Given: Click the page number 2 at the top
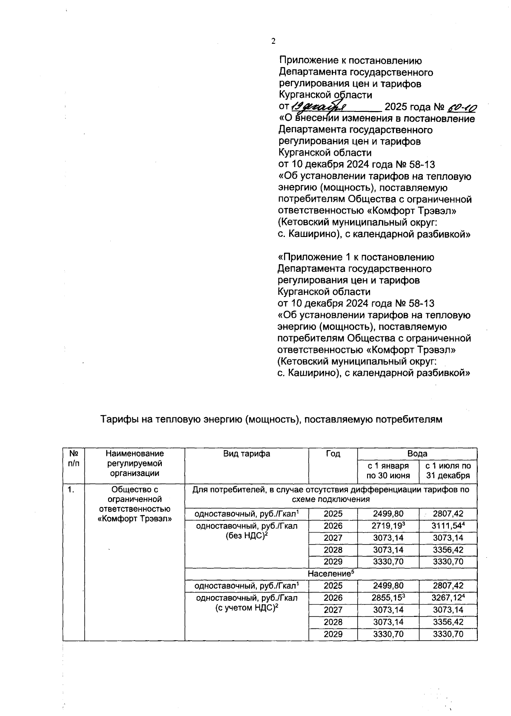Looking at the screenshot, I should (273, 41).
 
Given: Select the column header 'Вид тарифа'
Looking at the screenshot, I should (247, 454).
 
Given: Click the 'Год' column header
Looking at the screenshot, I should (333, 454).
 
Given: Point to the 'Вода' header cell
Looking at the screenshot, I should (417, 454).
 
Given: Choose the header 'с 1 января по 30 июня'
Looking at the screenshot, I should (388, 471).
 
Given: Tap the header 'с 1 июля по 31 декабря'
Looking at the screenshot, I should (448, 471).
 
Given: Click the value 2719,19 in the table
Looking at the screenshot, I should (387, 526).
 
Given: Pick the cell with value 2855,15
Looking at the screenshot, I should (387, 598).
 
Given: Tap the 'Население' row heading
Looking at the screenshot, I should (330, 573).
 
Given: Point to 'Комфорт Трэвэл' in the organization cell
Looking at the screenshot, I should (135, 519).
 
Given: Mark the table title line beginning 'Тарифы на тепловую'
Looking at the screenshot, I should (271, 419).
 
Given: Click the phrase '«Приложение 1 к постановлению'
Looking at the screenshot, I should (356, 257).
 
